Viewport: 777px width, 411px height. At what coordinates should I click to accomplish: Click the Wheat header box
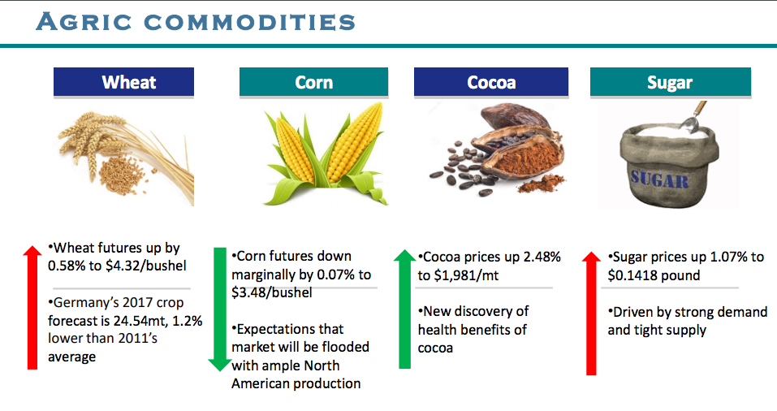tap(124, 82)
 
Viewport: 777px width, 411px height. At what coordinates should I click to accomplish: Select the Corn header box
tap(313, 82)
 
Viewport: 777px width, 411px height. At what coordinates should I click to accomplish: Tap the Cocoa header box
tap(491, 82)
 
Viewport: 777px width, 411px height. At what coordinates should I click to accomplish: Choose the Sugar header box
tap(671, 82)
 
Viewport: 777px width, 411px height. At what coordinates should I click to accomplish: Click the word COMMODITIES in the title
tap(250, 22)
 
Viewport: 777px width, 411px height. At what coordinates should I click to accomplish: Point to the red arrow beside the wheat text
tap(32, 307)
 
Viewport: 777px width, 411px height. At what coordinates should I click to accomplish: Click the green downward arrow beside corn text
tap(219, 309)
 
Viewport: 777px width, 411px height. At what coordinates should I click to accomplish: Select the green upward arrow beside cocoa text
tap(405, 309)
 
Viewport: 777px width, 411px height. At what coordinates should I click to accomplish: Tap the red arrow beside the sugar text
tap(591, 314)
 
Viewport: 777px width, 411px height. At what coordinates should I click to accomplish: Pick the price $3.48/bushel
tap(272, 292)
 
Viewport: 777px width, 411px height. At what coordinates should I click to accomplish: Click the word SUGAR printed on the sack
tap(659, 179)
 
